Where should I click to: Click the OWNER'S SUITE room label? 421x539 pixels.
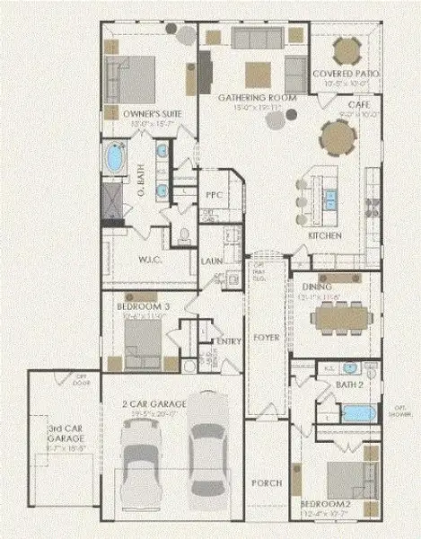(x=136, y=114)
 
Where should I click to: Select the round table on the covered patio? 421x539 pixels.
(x=345, y=49)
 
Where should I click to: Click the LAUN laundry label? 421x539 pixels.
(x=212, y=261)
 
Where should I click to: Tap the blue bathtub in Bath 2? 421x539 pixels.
(x=358, y=414)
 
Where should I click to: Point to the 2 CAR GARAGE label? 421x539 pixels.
(x=162, y=404)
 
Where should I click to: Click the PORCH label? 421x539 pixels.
(x=268, y=482)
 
